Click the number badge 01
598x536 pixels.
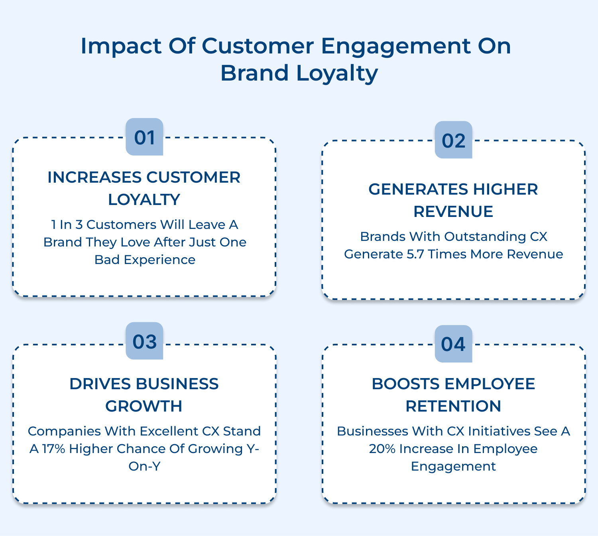(144, 137)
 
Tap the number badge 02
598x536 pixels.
(453, 140)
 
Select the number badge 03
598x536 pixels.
(144, 341)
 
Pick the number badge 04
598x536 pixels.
(453, 344)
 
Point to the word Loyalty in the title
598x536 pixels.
(337, 73)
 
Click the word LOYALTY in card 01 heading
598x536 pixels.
(144, 199)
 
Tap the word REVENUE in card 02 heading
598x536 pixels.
(453, 211)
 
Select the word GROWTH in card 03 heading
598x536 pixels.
(144, 406)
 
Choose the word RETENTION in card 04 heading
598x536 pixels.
(453, 406)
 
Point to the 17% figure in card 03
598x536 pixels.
(53, 449)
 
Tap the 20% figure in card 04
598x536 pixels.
(382, 449)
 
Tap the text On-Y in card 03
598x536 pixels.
(144, 466)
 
